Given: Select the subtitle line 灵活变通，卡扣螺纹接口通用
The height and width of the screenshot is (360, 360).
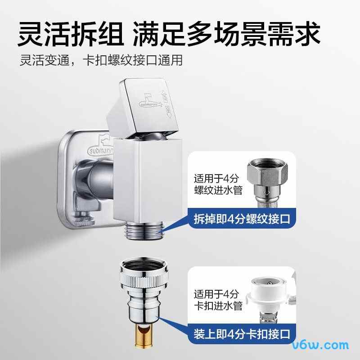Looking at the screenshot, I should tap(101, 60).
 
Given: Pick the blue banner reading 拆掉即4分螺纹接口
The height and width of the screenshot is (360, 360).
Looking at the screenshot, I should tap(242, 220).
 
